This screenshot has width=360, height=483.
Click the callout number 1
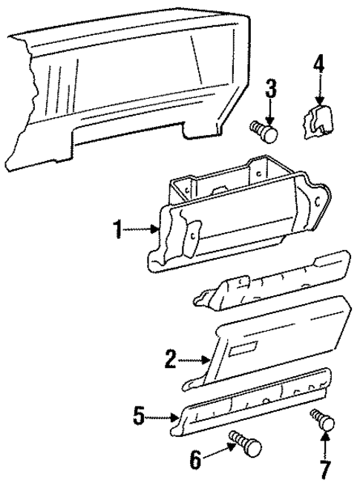(117, 230)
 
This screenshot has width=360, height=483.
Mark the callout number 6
(196, 460)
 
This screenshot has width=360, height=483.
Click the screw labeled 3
(266, 134)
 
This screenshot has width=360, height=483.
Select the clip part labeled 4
(317, 122)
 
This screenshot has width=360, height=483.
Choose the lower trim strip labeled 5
(252, 407)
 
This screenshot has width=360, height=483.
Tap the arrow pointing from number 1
(141, 231)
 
